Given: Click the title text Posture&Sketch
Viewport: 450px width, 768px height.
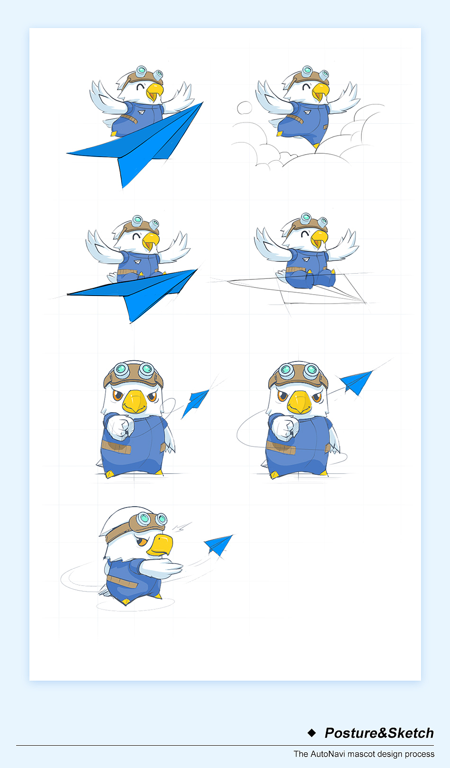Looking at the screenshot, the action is coord(379,733).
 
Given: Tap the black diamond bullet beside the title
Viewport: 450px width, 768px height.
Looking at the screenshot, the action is coord(312,733).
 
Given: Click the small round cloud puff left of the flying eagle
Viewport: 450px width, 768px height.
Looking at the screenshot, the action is coord(244,107).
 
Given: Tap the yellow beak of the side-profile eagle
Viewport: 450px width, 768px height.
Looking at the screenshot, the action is coord(160,545).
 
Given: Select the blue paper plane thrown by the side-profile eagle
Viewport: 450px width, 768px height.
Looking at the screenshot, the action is coord(218,545).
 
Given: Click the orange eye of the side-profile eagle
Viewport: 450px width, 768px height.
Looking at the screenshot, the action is coord(142,542).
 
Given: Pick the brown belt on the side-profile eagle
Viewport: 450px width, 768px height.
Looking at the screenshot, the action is coord(122,581).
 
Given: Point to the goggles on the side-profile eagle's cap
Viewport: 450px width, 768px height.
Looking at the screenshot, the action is coord(151,519).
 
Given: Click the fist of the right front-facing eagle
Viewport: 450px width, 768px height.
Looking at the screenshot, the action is coord(285,427).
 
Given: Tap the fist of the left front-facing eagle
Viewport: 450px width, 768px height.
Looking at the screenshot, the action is coord(120,427).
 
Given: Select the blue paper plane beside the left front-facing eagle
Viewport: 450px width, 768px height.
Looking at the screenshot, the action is coord(195,403).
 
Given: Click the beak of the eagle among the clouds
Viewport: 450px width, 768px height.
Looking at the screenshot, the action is coord(320,92).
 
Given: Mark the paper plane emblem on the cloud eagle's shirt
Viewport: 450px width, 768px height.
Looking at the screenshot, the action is coord(307,112).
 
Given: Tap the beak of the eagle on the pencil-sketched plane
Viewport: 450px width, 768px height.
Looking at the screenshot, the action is coord(319,239).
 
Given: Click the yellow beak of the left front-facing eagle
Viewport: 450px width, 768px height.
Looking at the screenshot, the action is coord(135,401).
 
